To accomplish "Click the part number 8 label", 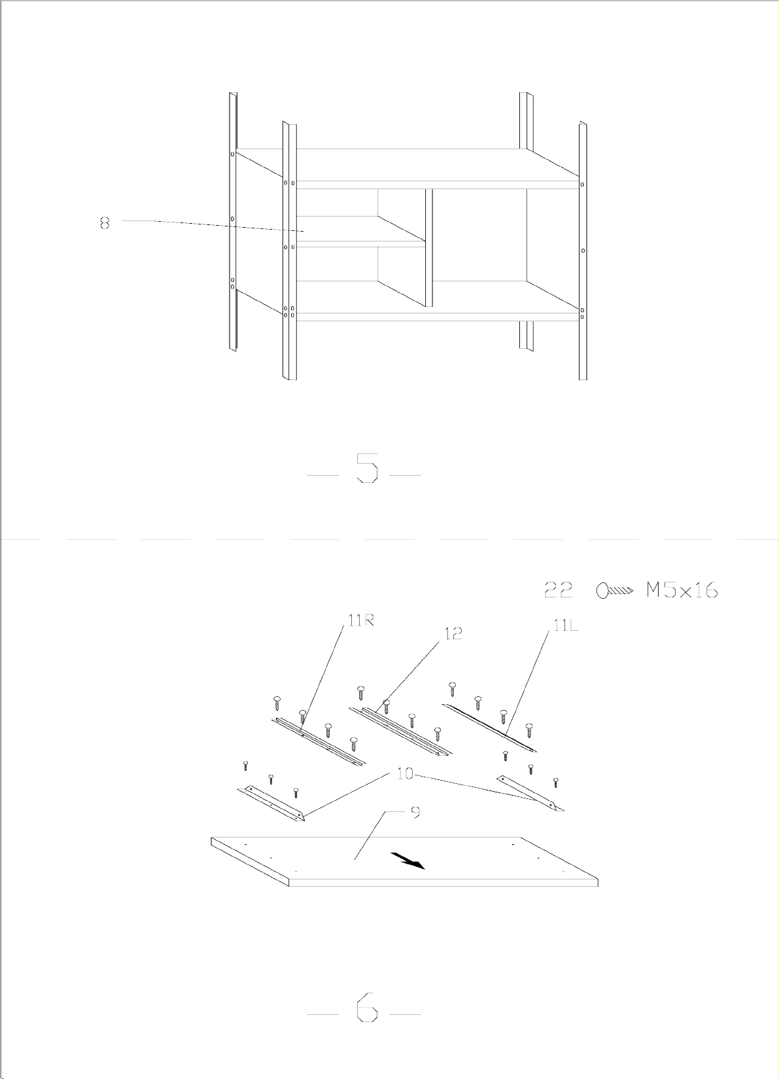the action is (x=105, y=224).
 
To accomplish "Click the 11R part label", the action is (x=362, y=621).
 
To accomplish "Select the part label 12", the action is (x=453, y=634).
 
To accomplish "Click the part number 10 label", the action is (x=405, y=774).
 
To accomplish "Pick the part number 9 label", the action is (x=416, y=812).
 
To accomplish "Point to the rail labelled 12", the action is (x=400, y=731).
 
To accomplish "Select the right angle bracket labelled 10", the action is (x=530, y=792).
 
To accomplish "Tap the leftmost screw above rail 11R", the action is (x=277, y=703).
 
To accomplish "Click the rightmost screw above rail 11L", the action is (x=529, y=730).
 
